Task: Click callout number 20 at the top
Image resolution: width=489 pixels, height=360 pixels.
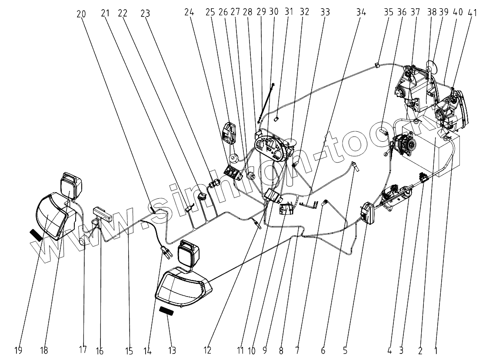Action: click(81, 14)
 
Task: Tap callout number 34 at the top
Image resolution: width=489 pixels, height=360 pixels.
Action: click(361, 12)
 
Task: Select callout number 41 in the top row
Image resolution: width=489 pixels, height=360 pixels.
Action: click(472, 12)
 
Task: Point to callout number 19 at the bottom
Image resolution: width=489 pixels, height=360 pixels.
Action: click(18, 350)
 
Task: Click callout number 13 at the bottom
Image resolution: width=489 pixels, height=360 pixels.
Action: click(172, 350)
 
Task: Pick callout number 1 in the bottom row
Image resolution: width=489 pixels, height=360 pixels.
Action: click(436, 350)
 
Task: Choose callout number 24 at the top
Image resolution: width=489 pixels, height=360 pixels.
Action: click(189, 12)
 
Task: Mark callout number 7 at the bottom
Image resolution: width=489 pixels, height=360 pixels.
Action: click(297, 350)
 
